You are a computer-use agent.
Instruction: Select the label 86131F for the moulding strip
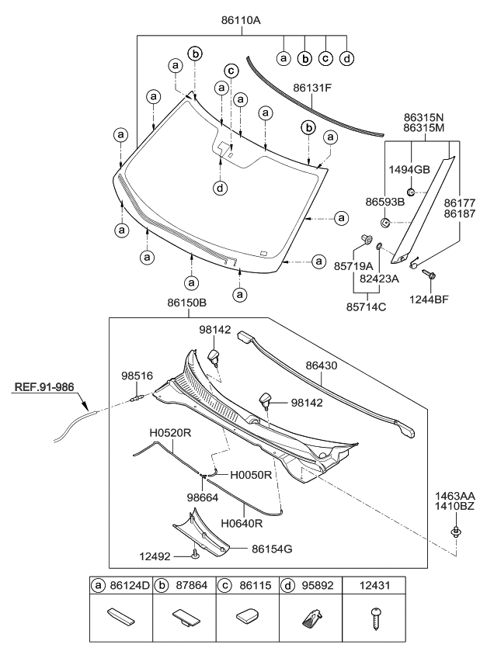(312, 88)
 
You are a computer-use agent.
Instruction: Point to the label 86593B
(385, 201)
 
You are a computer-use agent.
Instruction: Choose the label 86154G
(272, 548)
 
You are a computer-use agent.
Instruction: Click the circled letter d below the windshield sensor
(221, 187)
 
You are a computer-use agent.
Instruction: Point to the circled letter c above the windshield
(230, 71)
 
